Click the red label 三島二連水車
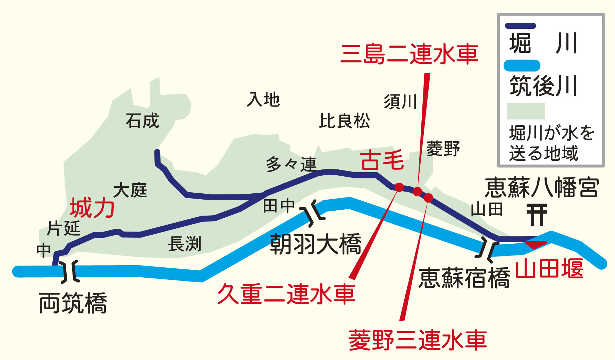[410, 55]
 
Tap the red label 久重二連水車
[286, 294]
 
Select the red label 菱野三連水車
[418, 340]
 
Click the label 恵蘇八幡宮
[542, 187]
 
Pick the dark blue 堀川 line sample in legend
[520, 26]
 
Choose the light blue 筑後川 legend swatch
[522, 66]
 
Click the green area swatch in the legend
[525, 111]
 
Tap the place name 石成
[142, 121]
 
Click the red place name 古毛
[382, 160]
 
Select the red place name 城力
[92, 208]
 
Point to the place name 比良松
[345, 121]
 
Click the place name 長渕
[185, 244]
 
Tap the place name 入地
[263, 100]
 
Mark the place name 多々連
[291, 164]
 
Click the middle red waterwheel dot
[417, 191]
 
